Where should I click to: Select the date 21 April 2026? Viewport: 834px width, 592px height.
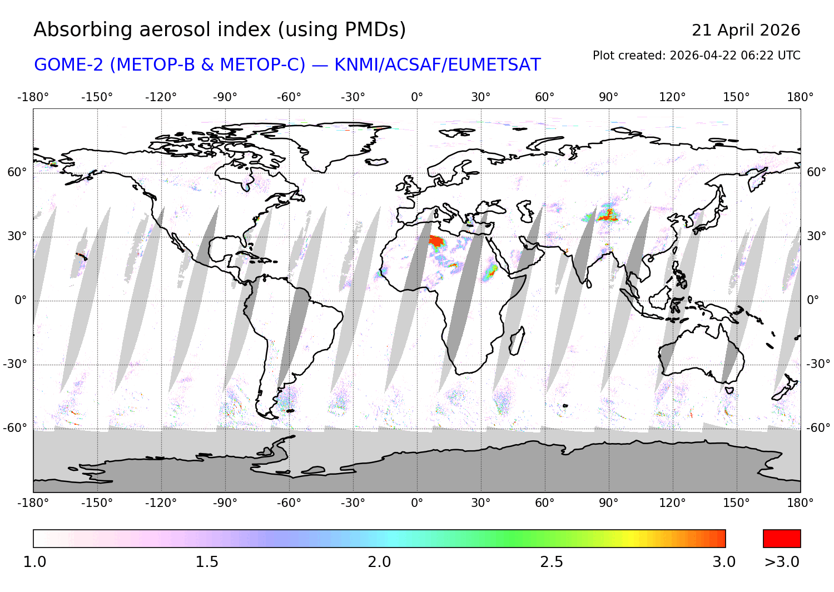click(746, 30)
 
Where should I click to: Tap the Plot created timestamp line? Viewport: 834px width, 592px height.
click(696, 56)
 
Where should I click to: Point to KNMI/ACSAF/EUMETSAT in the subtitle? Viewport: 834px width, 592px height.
click(437, 65)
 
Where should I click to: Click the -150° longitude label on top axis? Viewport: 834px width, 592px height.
click(97, 97)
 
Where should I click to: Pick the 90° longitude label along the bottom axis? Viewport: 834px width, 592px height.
click(608, 503)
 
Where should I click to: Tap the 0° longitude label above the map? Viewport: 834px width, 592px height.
click(417, 97)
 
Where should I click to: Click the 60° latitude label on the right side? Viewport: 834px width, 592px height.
click(816, 172)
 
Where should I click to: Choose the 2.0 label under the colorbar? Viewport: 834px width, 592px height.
click(379, 562)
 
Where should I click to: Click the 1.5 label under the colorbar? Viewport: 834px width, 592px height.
click(207, 562)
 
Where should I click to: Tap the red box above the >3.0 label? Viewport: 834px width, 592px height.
click(782, 539)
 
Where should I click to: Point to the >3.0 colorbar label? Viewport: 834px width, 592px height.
click(782, 562)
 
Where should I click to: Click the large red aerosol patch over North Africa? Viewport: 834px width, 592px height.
click(436, 241)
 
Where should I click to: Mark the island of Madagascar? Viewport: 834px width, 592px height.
click(517, 340)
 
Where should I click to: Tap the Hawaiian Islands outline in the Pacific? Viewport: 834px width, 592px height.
click(82, 256)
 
